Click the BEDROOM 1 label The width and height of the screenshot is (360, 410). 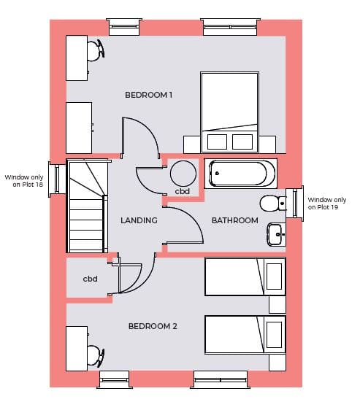[148, 95]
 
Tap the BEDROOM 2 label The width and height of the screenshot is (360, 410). [153, 326]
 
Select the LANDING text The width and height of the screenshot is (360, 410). [139, 220]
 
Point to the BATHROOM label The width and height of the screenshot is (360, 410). [235, 220]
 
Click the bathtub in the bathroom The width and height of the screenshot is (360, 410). [241, 174]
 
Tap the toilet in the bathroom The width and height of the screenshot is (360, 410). [273, 203]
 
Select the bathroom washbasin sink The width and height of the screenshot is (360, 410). [276, 234]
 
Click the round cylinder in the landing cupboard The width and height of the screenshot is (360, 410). [183, 174]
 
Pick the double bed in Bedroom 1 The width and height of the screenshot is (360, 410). [229, 112]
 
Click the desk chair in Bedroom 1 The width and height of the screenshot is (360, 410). [96, 50]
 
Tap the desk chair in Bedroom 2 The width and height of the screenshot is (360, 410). [96, 355]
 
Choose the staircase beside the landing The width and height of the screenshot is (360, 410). [87, 206]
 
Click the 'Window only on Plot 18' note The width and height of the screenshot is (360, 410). [24, 181]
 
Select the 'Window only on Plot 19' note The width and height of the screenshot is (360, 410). [327, 204]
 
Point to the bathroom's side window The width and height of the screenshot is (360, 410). [295, 204]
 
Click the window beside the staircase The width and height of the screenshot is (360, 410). [57, 179]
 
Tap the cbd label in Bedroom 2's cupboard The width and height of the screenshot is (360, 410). [90, 279]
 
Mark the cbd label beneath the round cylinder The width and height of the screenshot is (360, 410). [183, 191]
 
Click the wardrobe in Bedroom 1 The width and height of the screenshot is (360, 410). [79, 128]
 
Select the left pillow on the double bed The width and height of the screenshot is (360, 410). [217, 142]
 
